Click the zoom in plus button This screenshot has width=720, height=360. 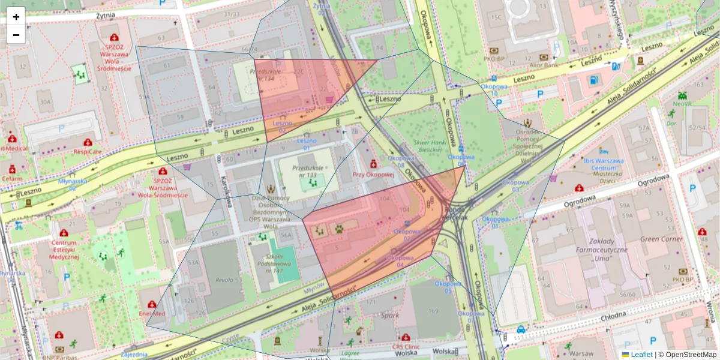coord(16,17)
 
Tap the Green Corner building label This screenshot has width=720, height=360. coord(661,239)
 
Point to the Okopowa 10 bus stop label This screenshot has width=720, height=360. coord(495,89)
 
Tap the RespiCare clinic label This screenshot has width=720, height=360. coord(88,152)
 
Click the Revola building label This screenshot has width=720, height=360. coord(224,280)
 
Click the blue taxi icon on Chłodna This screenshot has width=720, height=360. coord(521,329)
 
